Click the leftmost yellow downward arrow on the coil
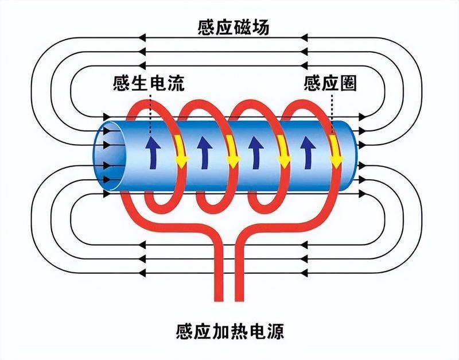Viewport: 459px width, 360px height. pos(180,151)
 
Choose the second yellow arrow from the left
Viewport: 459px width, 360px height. pos(232,151)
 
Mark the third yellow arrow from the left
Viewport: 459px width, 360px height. pos(283,151)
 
